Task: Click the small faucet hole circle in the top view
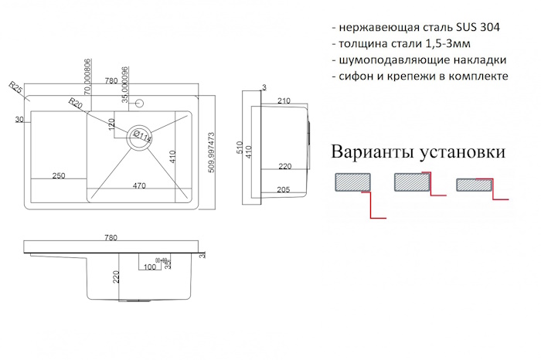pos(139,104)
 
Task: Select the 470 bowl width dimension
pos(140,185)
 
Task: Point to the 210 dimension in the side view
pos(283,100)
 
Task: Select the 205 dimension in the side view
pos(282,191)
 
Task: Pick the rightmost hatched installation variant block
pos(472,185)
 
